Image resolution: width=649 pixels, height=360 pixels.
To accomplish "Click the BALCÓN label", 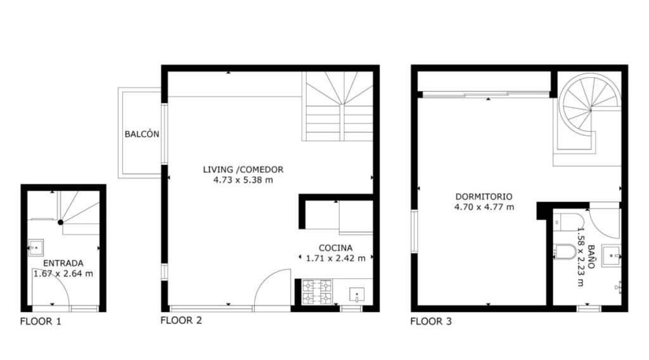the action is point(142,134).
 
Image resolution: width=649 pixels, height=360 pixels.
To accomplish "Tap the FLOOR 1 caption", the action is point(41,321).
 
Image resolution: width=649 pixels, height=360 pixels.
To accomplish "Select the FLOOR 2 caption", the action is point(181,321).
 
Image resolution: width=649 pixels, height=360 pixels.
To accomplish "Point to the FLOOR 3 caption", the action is point(431,321).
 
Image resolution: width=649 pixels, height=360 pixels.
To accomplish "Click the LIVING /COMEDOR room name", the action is point(243,170).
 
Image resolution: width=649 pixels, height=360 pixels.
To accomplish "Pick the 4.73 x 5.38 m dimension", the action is point(243,180).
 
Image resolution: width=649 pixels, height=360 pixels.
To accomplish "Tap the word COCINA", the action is point(336,248).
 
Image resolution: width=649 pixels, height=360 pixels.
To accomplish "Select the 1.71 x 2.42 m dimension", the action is point(336,259).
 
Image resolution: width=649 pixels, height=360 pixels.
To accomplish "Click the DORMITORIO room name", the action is point(484,197).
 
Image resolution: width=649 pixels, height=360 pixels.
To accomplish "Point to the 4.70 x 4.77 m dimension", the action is point(484,207).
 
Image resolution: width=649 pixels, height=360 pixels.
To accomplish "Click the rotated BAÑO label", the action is point(591,257).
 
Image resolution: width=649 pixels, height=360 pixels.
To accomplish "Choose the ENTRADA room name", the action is point(63,263).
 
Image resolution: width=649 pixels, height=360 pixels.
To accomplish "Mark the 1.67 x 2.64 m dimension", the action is point(63,274).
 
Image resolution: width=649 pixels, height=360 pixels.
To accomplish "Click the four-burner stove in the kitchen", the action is point(317,292).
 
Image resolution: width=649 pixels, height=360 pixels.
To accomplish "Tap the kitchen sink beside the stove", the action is point(357,295).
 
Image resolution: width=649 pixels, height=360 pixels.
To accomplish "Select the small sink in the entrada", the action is point(35,247).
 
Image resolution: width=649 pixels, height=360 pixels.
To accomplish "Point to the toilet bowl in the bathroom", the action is point(565,252).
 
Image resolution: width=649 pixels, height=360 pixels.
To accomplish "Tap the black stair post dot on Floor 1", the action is point(60,222).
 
